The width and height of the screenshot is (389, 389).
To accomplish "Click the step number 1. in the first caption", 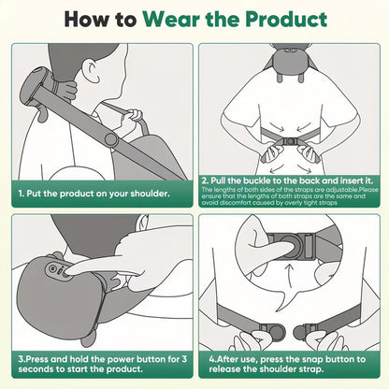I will coord(20,194).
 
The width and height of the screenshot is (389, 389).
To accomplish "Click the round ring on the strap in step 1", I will coord(110,138).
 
